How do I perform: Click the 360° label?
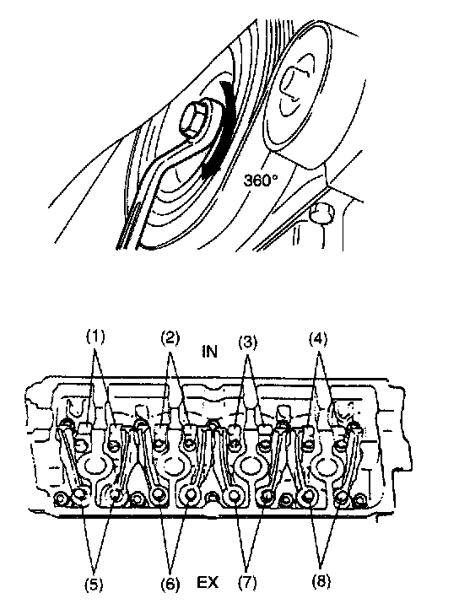pyautogui.click(x=261, y=180)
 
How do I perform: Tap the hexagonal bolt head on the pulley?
pyautogui.click(x=194, y=120)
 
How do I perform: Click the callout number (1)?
pyautogui.click(x=95, y=337)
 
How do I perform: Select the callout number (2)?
pyautogui.click(x=170, y=338)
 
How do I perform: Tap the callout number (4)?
pyautogui.click(x=318, y=339)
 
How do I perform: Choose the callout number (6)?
pyautogui.click(x=170, y=584)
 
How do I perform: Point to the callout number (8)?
pyautogui.click(x=321, y=581)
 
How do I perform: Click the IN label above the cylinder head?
pyautogui.click(x=209, y=352)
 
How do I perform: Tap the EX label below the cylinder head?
pyautogui.click(x=208, y=583)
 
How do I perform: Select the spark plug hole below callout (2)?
pyautogui.click(x=173, y=464)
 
